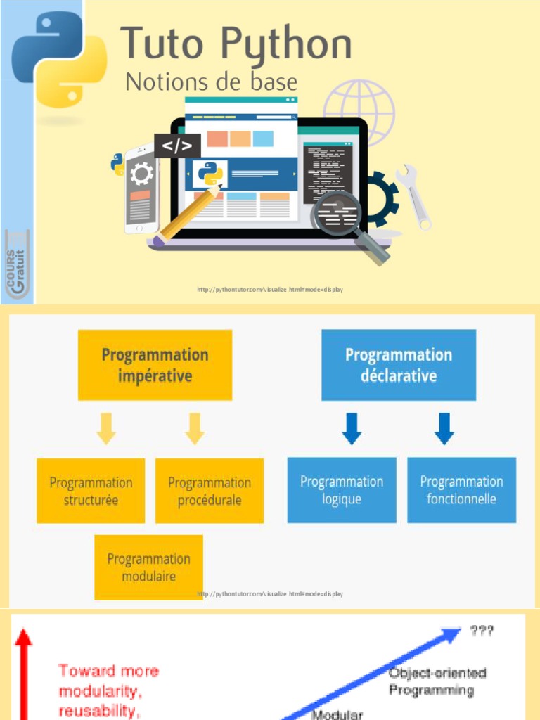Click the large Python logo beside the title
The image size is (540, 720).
tap(60, 60)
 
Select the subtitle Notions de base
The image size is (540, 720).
tap(211, 82)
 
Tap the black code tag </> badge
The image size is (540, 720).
tap(177, 146)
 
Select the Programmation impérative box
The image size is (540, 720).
tap(155, 365)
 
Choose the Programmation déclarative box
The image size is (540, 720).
tap(398, 365)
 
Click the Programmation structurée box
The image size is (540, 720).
tap(91, 491)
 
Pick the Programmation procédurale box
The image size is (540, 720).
tap(210, 491)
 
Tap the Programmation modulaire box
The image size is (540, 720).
tap(148, 567)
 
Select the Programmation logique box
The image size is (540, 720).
tap(342, 490)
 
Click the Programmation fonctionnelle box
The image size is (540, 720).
tap(461, 490)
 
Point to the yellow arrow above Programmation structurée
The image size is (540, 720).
tap(106, 428)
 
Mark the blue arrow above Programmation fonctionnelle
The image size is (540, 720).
tap(443, 428)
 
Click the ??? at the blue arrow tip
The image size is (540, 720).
tap(482, 631)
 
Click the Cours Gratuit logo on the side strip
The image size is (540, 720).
tap(17, 263)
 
